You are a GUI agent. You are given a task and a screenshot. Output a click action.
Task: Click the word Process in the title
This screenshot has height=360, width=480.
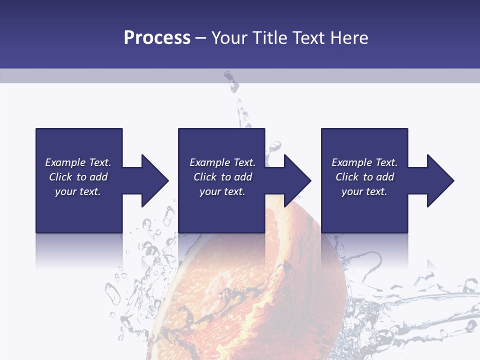pos(157,38)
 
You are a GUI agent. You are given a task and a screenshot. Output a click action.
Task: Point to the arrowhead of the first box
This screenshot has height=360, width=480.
pos(155,180)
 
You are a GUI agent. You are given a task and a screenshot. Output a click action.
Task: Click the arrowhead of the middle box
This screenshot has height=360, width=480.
pos(297,180)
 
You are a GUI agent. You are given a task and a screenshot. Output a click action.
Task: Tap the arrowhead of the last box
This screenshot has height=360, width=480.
pos(440,180)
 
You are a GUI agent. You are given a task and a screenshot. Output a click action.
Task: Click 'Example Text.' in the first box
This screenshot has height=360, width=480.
pos(78,162)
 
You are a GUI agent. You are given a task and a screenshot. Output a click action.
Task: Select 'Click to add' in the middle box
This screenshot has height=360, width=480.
pos(222,177)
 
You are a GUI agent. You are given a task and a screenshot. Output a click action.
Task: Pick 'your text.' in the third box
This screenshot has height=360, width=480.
pos(364,191)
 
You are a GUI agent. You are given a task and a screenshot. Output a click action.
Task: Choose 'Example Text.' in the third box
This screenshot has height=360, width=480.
pos(364,162)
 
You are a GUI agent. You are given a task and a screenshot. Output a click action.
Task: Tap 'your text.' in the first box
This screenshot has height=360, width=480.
pos(78,191)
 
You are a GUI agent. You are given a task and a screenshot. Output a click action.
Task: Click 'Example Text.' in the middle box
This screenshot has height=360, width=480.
pos(222,162)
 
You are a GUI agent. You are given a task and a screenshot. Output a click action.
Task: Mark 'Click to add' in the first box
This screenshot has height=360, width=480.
pos(78,177)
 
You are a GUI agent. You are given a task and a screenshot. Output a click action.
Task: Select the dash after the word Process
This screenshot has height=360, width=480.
pos(200,38)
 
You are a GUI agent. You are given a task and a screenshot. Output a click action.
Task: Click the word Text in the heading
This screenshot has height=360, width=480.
pos(306,38)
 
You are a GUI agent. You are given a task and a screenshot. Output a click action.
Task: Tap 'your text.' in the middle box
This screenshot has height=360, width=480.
pos(222,191)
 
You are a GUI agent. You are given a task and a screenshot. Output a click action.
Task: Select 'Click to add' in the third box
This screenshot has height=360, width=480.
pos(364,177)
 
